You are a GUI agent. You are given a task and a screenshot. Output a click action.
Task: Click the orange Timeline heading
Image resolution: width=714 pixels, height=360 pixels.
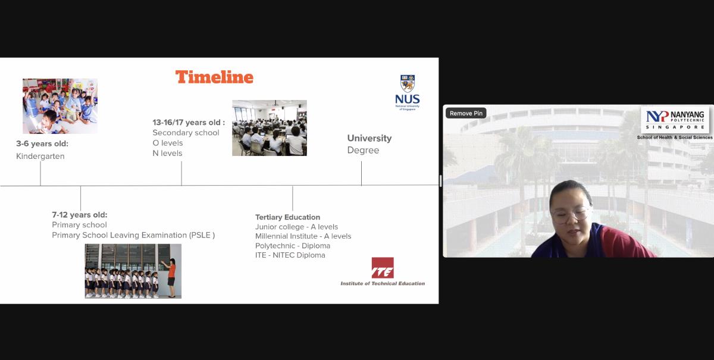pos(214,77)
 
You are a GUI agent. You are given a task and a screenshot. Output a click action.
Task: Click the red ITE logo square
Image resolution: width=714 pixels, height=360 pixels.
pos(383,268)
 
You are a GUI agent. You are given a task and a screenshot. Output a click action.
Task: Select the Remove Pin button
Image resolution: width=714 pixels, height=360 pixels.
pos(466,113)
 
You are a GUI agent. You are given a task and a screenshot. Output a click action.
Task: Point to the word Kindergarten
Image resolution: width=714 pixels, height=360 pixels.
pos(40,156)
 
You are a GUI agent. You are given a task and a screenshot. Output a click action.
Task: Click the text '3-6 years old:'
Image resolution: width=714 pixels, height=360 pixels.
pos(42,144)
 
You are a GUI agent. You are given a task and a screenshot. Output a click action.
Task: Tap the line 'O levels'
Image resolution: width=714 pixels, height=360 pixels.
pos(168,143)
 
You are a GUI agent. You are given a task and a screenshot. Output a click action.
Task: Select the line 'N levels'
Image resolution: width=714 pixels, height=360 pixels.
pos(167,154)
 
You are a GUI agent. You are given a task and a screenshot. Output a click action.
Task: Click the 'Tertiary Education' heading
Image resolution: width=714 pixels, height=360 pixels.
pos(287,217)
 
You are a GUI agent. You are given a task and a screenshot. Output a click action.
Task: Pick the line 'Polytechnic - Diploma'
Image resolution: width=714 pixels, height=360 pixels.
pos(293,246)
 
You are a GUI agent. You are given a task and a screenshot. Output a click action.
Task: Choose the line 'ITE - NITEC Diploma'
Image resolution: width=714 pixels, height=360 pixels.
pos(290,255)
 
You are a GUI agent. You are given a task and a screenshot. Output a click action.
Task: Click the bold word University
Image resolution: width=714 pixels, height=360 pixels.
pos(369,138)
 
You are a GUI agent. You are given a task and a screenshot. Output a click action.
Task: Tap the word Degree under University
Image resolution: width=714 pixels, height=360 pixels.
pos(363,150)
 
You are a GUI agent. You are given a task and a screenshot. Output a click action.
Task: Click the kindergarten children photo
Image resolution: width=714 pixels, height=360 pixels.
pos(60,106)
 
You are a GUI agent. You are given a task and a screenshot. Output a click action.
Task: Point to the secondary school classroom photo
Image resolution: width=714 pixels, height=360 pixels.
pos(270,128)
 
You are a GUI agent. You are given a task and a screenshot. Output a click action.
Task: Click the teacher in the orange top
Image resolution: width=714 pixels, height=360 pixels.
pos(171,278)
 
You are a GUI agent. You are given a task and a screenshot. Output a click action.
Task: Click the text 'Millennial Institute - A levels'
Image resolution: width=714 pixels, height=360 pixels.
pos(303,236)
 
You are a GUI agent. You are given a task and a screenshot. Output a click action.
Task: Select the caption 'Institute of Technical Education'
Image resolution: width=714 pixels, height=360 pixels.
pos(383,283)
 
